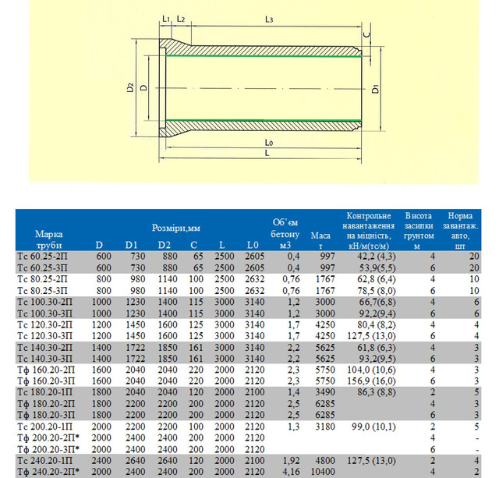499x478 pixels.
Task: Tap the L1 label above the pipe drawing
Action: [166, 17]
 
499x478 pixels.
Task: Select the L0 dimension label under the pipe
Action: [269, 144]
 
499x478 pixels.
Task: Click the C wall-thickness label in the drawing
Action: [366, 35]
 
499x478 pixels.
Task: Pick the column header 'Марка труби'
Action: [49, 239]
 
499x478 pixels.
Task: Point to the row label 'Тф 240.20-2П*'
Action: [48, 471]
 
